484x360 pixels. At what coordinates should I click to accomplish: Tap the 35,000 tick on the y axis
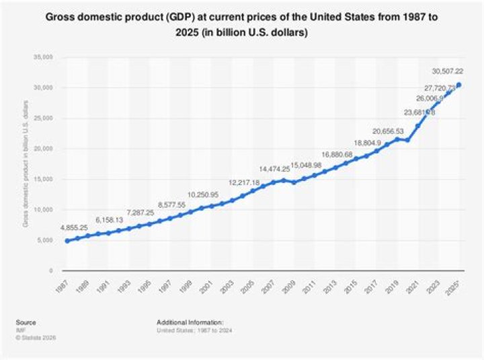43,58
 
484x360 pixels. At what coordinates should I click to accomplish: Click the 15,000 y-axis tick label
43,179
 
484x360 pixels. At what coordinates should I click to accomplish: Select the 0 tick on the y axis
50,271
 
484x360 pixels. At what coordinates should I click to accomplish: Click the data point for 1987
67,241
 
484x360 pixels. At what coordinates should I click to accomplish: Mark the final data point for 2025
459,85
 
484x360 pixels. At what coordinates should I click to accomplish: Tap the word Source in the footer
28,322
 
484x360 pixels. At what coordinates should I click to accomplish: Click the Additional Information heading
190,322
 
